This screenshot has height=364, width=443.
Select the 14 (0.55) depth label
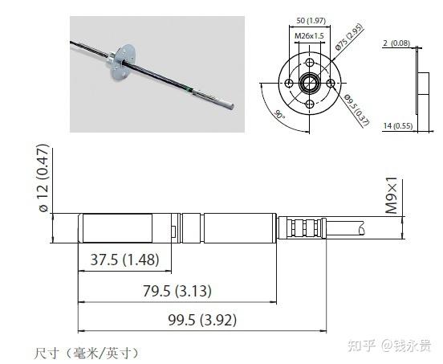coord(397,126)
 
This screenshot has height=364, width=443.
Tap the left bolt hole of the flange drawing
coord(287,83)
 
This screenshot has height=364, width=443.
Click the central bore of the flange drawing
coord(308,83)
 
